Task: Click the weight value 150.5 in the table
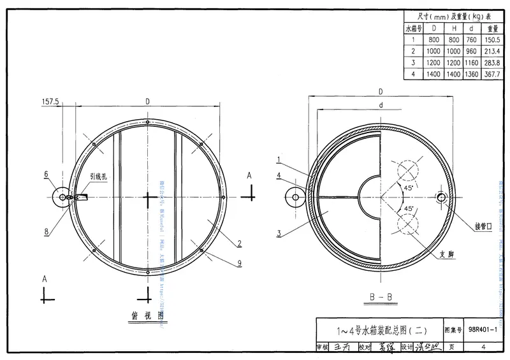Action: (493, 40)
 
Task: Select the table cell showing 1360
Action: (472, 74)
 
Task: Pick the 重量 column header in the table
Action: (493, 28)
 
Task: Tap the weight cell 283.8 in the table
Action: (493, 62)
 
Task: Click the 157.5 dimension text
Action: (50, 101)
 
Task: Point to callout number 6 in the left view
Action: (46, 173)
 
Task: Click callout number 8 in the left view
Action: (46, 231)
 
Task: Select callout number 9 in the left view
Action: (238, 263)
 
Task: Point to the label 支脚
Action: (446, 253)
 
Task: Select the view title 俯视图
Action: (147, 315)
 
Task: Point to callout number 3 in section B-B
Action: (279, 234)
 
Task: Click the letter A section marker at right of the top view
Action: (250, 175)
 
